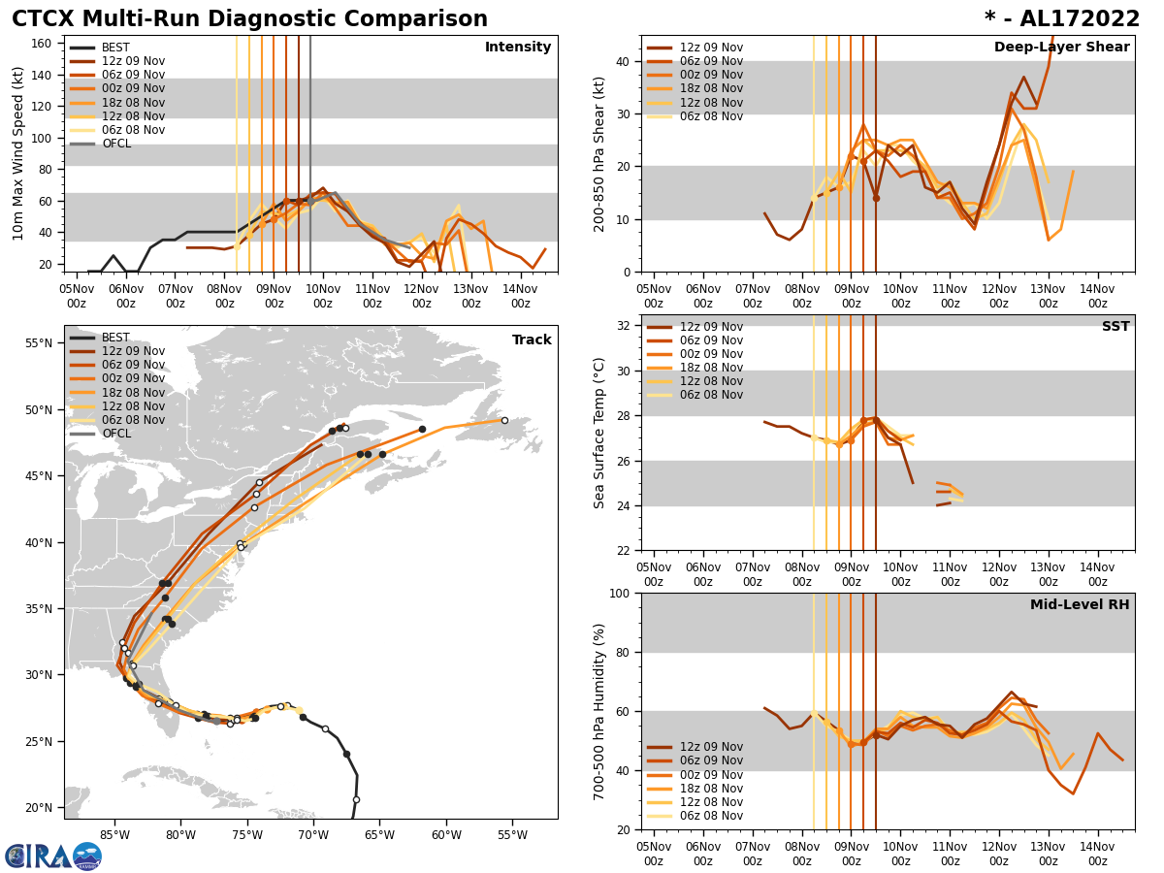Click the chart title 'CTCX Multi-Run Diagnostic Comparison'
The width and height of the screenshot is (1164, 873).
tap(249, 19)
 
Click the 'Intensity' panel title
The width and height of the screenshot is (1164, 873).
tap(518, 48)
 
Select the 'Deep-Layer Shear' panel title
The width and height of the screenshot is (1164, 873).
tap(1061, 48)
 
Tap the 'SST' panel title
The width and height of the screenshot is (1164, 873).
tap(1115, 327)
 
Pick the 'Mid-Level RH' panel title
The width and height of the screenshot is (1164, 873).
tap(1080, 605)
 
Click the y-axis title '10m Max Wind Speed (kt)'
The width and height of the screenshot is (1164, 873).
tap(18, 153)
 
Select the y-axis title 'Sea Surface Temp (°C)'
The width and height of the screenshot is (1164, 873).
tap(599, 433)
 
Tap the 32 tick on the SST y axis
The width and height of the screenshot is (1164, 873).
tap(624, 326)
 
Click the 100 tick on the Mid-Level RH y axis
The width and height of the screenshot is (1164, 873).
tap(619, 593)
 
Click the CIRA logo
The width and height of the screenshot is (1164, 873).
tap(53, 856)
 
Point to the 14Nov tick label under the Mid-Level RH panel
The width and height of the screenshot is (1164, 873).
tap(1097, 844)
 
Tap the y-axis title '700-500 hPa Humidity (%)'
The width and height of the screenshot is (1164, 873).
tap(599, 711)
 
